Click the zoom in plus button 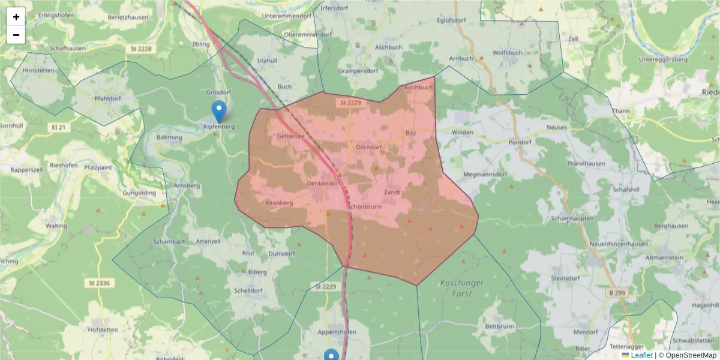16,17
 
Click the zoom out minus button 16,35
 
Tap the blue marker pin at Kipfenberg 219,111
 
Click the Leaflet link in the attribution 641,355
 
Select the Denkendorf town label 323,184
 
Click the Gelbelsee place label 290,136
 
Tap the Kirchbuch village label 418,88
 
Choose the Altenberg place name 278,203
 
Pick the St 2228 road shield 139,49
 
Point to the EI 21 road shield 59,127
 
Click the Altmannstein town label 686,257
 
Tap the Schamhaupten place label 572,218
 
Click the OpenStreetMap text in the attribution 691,355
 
